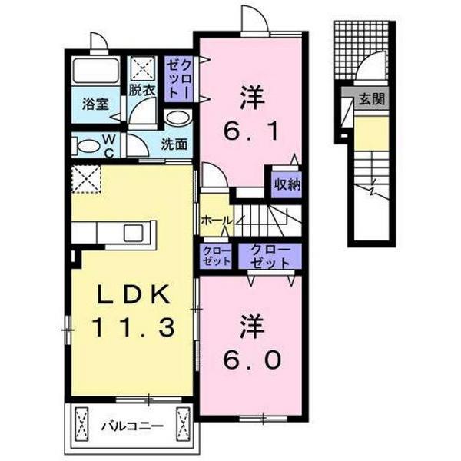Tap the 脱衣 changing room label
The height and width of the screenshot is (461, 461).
pos(141,90)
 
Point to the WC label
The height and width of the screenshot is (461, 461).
pos(110,144)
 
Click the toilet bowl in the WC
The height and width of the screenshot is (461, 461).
pos(86,145)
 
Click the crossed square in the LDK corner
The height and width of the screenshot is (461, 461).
pos(87,182)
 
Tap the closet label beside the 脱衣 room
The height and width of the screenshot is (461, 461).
pos(178,77)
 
